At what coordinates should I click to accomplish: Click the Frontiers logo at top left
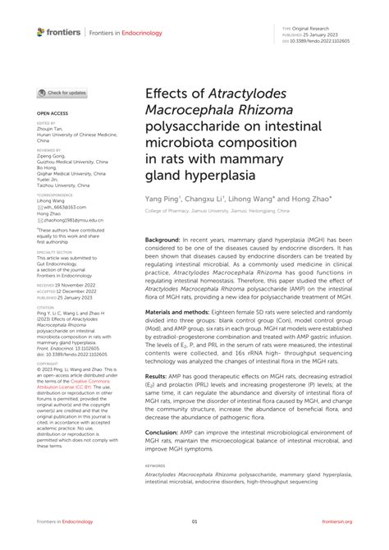pos(58,32)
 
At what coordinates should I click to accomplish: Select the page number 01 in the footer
pos(194,522)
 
